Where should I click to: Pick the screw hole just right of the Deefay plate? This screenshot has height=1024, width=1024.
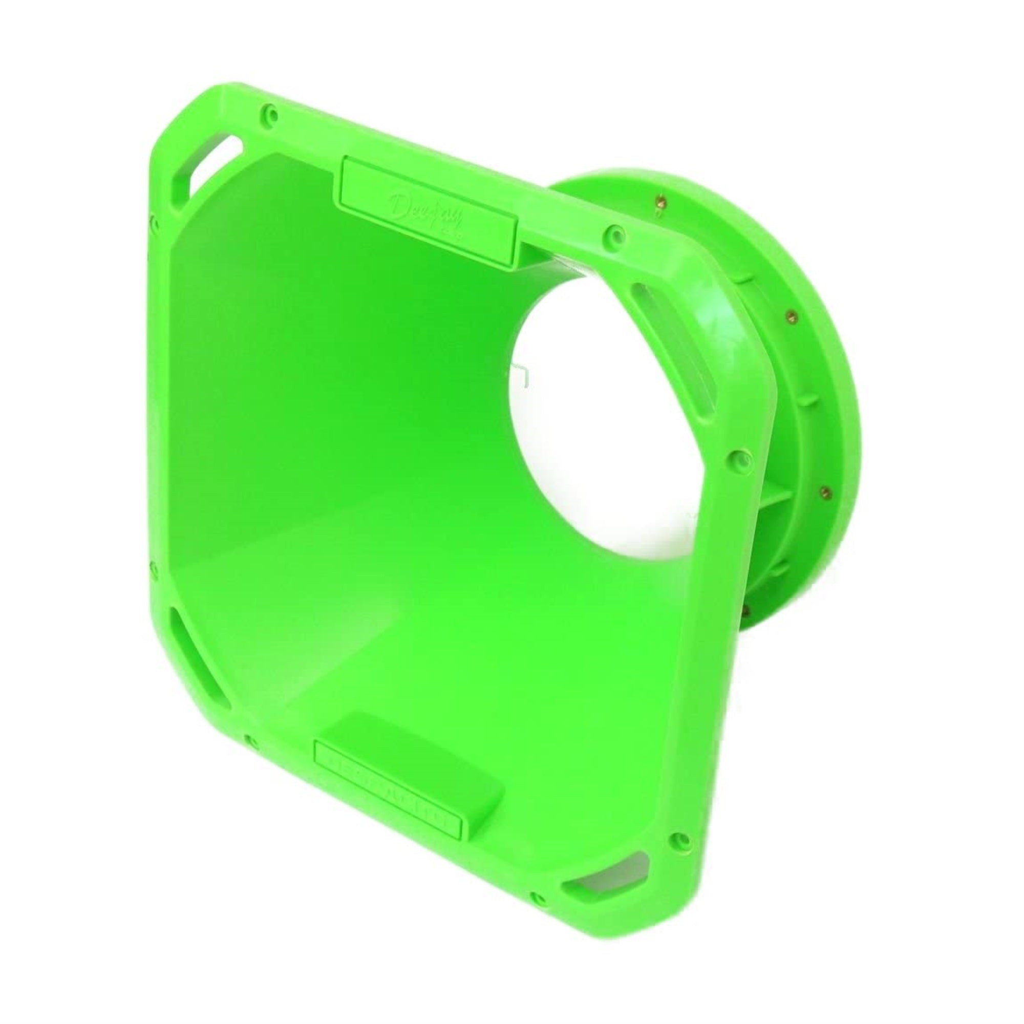click(x=614, y=231)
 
